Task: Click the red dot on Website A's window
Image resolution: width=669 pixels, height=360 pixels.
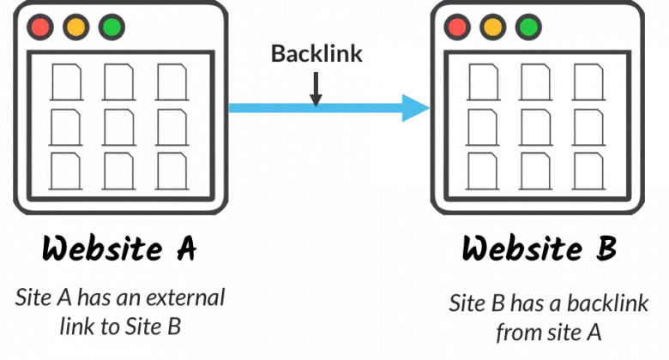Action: tap(40, 27)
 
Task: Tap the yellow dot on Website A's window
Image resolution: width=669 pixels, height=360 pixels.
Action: tap(76, 27)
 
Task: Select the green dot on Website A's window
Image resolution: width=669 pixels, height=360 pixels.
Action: tap(111, 27)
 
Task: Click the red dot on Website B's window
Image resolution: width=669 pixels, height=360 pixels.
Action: tap(457, 27)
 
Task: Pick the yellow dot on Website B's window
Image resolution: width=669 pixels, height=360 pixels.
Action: tap(493, 27)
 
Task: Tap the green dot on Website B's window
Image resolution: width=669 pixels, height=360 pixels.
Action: tap(528, 27)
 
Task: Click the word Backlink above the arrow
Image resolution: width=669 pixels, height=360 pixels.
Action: tap(316, 54)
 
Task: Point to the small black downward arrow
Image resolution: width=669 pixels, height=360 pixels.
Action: tap(316, 89)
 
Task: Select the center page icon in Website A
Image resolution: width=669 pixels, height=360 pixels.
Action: tap(119, 128)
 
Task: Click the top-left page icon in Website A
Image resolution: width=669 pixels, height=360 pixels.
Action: tap(67, 82)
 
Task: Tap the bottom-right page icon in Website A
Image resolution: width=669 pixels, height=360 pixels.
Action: tap(172, 171)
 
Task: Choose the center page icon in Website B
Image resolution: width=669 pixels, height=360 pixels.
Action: tap(535, 128)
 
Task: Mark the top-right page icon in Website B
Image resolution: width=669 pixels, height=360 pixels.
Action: tap(588, 82)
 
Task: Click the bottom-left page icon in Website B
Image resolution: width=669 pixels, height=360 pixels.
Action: tap(483, 171)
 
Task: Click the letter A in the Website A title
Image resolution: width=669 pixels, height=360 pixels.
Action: tap(187, 249)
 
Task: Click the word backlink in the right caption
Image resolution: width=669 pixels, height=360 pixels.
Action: tap(607, 303)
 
